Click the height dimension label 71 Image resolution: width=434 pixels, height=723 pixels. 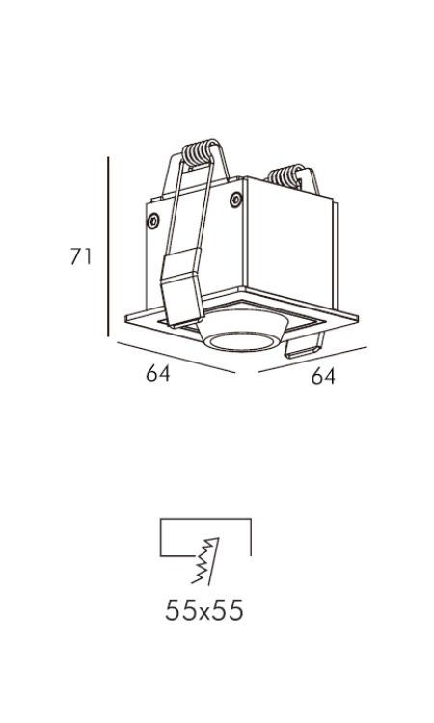81,256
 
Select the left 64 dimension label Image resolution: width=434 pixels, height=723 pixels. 158,372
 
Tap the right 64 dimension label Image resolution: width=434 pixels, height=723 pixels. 323,376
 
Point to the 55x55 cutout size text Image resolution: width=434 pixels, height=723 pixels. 203,611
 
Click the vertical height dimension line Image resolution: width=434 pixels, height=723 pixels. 108,247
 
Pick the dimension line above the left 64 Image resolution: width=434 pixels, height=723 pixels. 176,358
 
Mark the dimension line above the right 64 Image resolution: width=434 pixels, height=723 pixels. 312,360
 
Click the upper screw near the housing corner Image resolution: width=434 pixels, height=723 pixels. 235,200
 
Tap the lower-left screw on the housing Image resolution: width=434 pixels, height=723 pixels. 153,221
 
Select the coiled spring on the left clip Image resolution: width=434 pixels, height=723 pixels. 200,153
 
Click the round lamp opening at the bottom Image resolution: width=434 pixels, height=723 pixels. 243,341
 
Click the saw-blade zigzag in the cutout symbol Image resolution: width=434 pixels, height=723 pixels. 206,561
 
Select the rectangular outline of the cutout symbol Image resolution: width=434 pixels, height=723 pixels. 205,519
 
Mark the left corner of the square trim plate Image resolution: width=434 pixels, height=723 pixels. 125,318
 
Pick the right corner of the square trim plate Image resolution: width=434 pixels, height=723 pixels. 358,317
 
